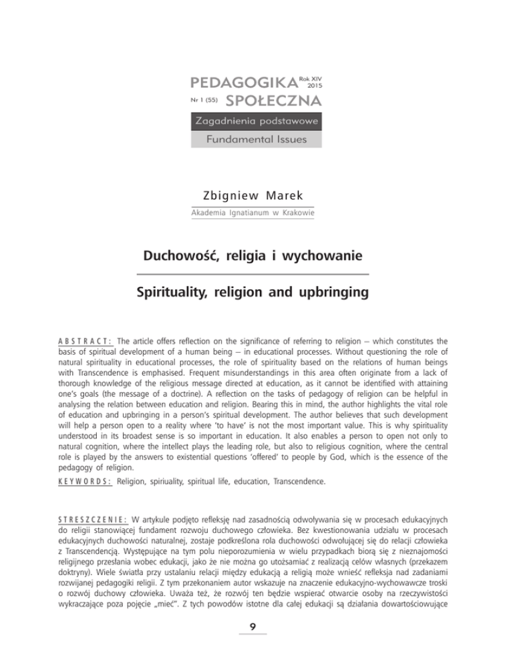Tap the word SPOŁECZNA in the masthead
275,101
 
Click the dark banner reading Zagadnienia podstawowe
256,122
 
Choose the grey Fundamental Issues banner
256,139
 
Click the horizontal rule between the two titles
256,274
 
